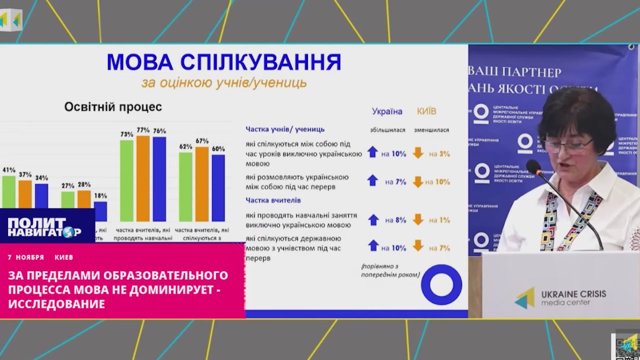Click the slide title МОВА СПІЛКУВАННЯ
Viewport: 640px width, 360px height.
tap(224, 62)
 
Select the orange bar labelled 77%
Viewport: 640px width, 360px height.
tap(143, 178)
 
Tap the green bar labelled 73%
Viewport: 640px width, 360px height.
tap(126, 180)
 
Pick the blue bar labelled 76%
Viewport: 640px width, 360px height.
tap(159, 178)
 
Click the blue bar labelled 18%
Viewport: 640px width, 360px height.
tap(100, 211)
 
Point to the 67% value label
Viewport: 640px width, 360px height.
tap(202, 140)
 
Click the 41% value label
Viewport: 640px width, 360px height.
tap(9, 170)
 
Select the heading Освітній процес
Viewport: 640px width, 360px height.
tap(113, 107)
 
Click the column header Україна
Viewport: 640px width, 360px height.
tap(386, 111)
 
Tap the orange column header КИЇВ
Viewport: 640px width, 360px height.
tap(426, 111)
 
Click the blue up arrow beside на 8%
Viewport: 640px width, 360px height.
tap(372, 219)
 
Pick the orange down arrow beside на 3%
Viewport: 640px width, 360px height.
tap(418, 153)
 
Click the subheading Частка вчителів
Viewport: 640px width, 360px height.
tap(273, 200)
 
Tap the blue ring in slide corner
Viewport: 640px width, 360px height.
tap(441, 284)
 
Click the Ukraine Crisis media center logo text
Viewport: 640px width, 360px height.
tap(573, 297)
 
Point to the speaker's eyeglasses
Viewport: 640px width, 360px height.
tap(568, 145)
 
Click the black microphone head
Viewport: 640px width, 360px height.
tap(534, 166)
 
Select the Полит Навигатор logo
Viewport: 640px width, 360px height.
tap(44, 227)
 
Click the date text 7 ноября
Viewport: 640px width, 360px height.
tap(26, 257)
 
